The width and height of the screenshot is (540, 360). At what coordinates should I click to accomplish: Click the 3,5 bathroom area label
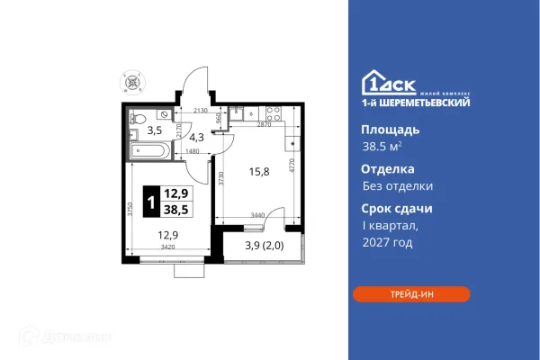[x=154, y=130]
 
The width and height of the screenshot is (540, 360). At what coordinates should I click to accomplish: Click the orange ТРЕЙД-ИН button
[x=410, y=294]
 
